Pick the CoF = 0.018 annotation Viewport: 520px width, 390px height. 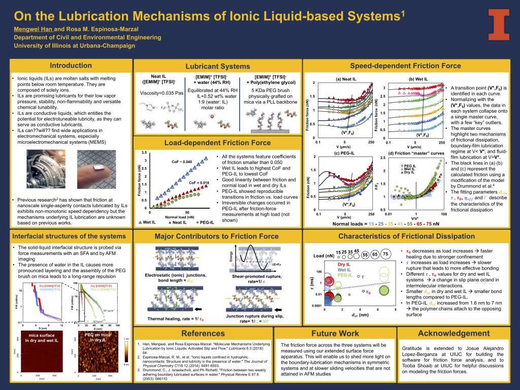pyautogui.click(x=199, y=182)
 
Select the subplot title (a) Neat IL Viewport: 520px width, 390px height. pyautogui.click(x=347, y=79)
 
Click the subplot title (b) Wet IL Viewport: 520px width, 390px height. pyautogui.click(x=419, y=79)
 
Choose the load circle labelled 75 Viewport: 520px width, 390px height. pyautogui.click(x=385, y=254)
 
